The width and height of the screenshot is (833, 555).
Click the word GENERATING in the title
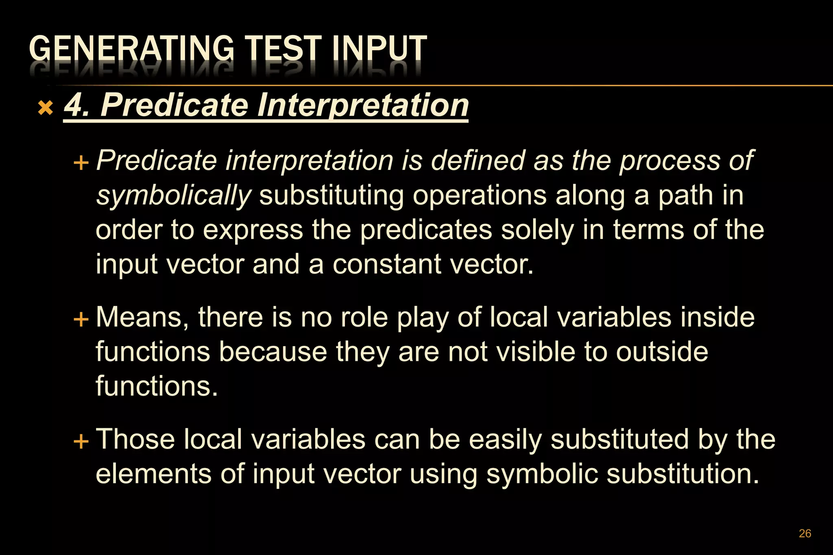click(x=131, y=49)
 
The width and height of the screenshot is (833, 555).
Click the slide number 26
click(x=805, y=533)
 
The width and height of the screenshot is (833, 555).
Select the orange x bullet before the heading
click(x=45, y=108)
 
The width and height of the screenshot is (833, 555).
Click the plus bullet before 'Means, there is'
click(x=81, y=319)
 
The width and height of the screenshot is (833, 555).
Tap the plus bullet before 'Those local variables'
click(x=81, y=441)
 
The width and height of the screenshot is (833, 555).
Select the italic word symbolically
click(x=174, y=196)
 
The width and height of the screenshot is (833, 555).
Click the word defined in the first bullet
click(x=478, y=160)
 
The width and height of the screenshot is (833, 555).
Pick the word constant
click(x=386, y=264)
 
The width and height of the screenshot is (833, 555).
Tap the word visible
click(x=536, y=352)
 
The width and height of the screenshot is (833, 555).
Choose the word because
click(x=273, y=352)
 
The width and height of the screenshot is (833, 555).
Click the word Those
click(x=135, y=439)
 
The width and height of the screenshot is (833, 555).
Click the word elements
click(x=154, y=474)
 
